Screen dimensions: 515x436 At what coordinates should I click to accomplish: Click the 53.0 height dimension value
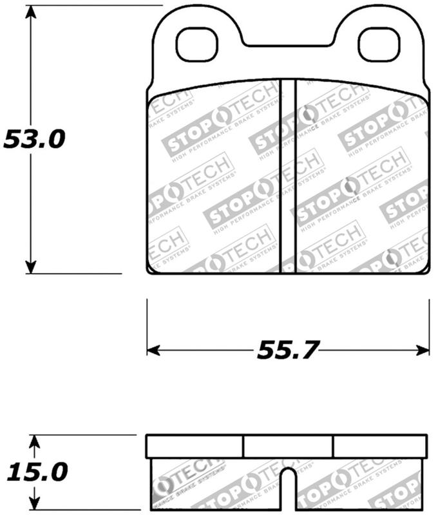coord(34,138)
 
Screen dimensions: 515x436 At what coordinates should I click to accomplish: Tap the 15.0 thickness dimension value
coord(37,473)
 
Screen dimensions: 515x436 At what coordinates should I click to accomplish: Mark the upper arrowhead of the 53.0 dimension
coord(30,12)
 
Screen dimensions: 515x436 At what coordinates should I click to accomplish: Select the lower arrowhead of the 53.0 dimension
coord(30,267)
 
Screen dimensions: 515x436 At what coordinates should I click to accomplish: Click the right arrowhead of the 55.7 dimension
coord(423,350)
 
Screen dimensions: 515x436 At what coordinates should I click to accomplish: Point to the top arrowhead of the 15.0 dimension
coord(36,441)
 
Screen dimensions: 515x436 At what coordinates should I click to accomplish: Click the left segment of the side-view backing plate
coord(194,446)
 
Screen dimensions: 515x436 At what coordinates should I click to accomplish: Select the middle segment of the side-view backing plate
coord(288,446)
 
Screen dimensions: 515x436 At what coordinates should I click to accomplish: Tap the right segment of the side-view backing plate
coord(380,446)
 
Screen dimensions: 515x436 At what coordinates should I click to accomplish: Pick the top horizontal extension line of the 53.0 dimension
coord(97,5)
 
